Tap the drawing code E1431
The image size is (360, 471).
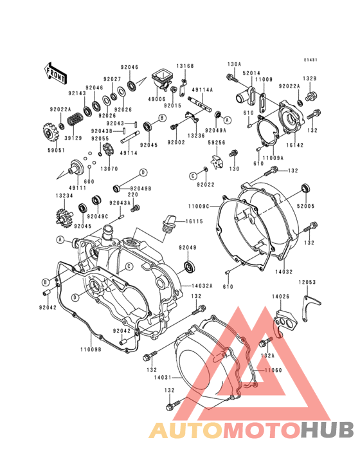(x=312, y=60)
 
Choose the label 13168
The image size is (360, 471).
(x=184, y=66)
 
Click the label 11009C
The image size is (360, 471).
(x=199, y=207)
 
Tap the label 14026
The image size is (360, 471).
(x=282, y=297)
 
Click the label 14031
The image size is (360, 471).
(x=163, y=378)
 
